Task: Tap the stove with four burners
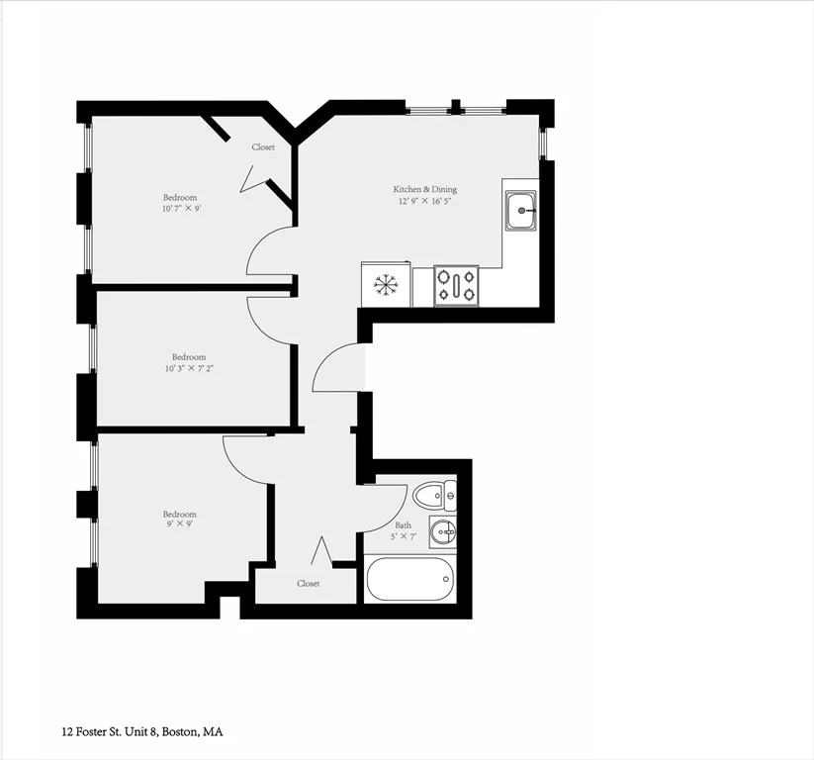tap(456, 286)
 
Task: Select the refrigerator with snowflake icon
tap(385, 285)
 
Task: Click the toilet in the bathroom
tap(434, 494)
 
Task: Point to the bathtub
tap(409, 579)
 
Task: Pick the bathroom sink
tap(443, 532)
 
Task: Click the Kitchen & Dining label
tap(424, 189)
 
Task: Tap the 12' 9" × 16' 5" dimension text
tap(424, 201)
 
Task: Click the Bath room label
tap(403, 525)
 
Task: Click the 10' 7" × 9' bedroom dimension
tap(180, 209)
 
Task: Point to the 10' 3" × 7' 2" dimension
tap(189, 368)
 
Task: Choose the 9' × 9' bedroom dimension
tap(180, 525)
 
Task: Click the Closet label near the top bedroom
tap(263, 146)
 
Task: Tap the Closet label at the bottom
tap(309, 584)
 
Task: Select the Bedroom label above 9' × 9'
tap(180, 514)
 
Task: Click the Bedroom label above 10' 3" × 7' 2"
tap(189, 356)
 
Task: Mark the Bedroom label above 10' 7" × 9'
tap(180, 197)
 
